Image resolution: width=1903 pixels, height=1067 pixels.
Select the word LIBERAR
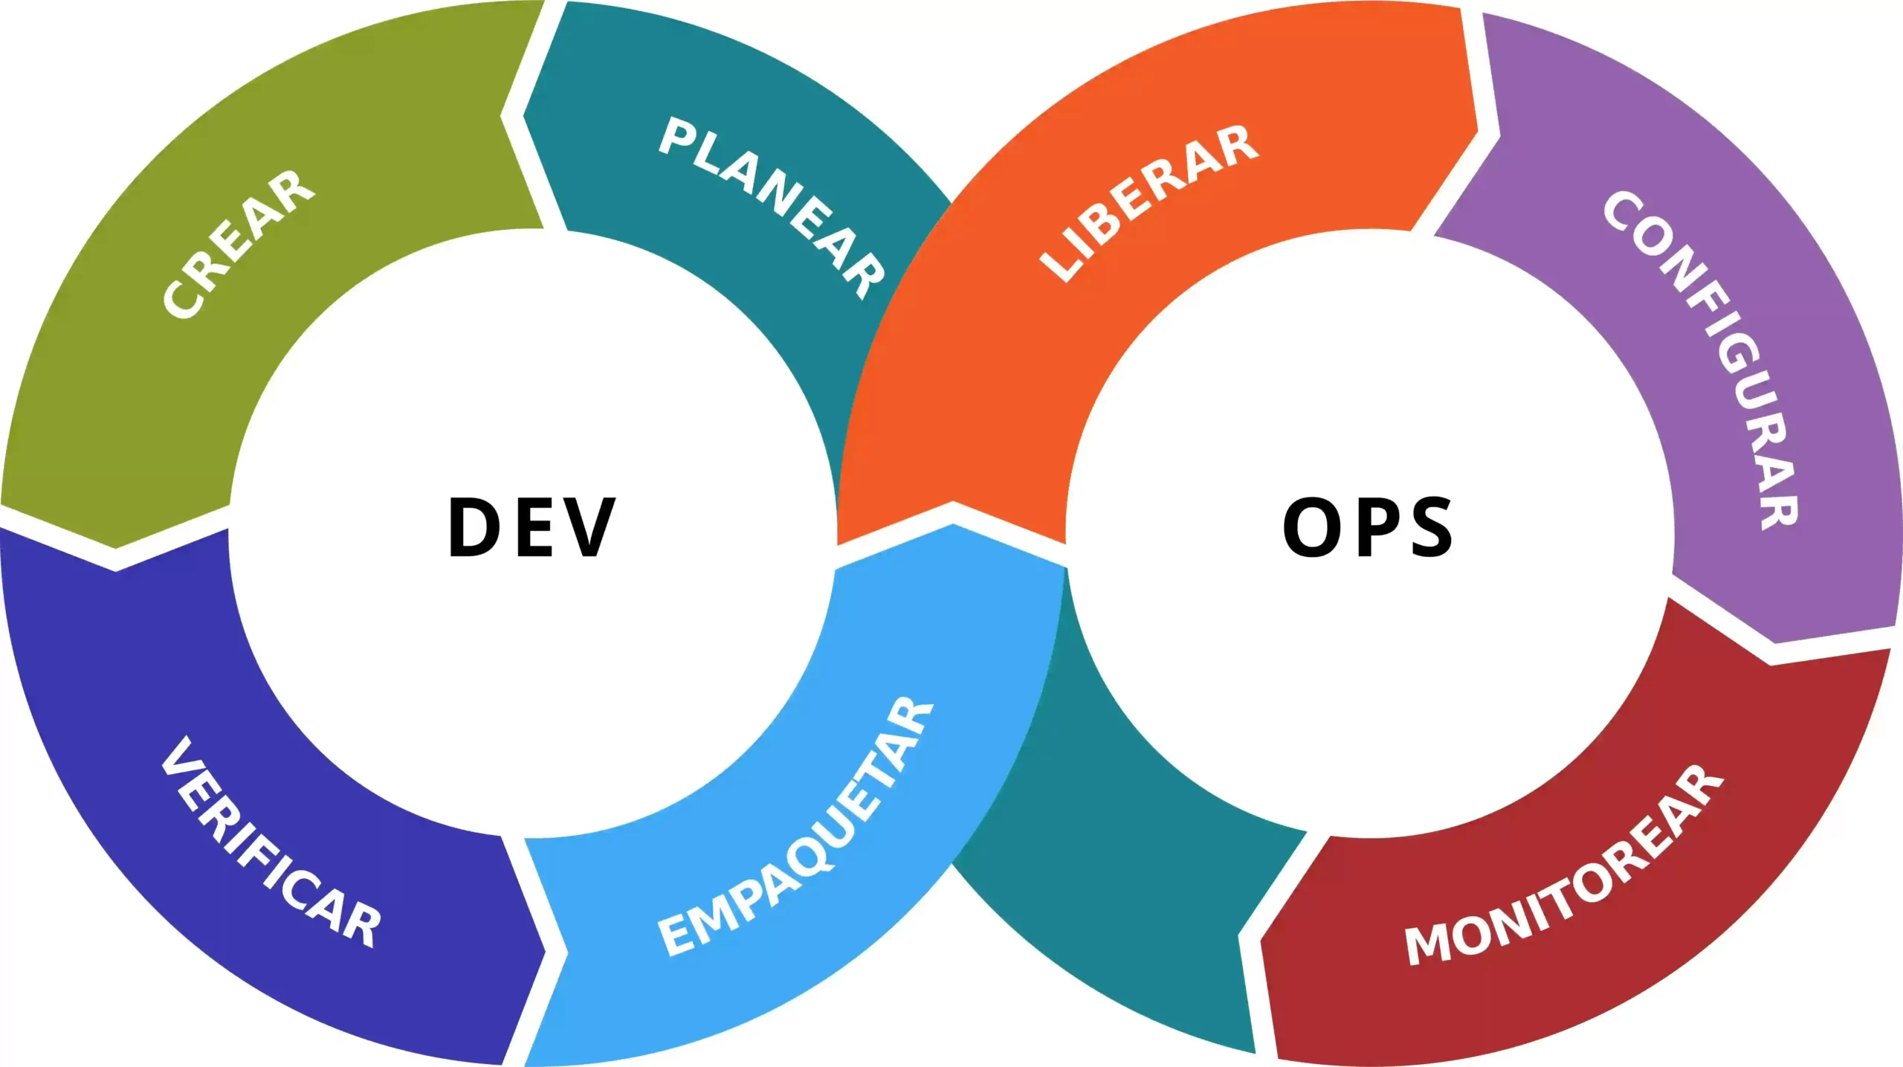coord(1149,203)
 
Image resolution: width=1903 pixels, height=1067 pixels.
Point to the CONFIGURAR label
coord(1702,360)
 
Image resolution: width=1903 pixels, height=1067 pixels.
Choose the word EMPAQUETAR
coord(796,826)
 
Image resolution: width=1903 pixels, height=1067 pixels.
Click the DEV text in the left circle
coord(532,527)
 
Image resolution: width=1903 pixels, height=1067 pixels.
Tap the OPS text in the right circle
coord(1368,527)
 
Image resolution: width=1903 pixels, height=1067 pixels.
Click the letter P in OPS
coord(1374,527)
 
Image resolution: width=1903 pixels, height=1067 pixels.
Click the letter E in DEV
coord(532,527)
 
